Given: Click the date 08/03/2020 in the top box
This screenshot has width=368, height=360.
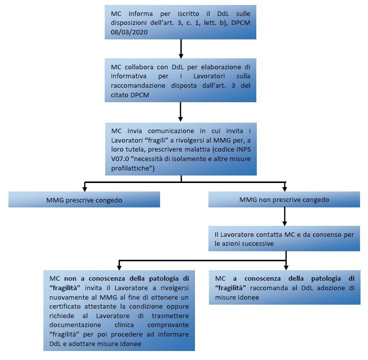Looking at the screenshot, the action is (129, 32).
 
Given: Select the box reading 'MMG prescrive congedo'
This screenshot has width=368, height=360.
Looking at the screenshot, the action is (84, 199).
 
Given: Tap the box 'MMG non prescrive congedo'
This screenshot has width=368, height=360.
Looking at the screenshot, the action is (284, 199).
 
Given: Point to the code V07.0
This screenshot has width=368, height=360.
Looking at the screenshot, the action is (120, 159).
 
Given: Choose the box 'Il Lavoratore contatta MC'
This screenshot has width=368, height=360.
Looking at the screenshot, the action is (284, 239).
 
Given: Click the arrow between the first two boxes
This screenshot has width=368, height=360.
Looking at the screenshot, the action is (181, 49).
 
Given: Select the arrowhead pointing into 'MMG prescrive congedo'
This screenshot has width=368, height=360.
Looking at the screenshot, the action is (85, 189).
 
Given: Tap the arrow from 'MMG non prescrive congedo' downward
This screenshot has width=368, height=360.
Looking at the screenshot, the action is (285, 216).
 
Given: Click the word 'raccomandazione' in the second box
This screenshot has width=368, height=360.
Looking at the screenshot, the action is (138, 85).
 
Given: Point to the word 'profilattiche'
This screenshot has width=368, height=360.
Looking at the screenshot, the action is (131, 168).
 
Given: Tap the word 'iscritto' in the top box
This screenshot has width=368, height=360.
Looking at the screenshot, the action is (188, 13).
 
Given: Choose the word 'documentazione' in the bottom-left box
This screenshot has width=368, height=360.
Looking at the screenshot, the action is (75, 325).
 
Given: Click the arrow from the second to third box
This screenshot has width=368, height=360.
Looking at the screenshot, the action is (181, 112).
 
